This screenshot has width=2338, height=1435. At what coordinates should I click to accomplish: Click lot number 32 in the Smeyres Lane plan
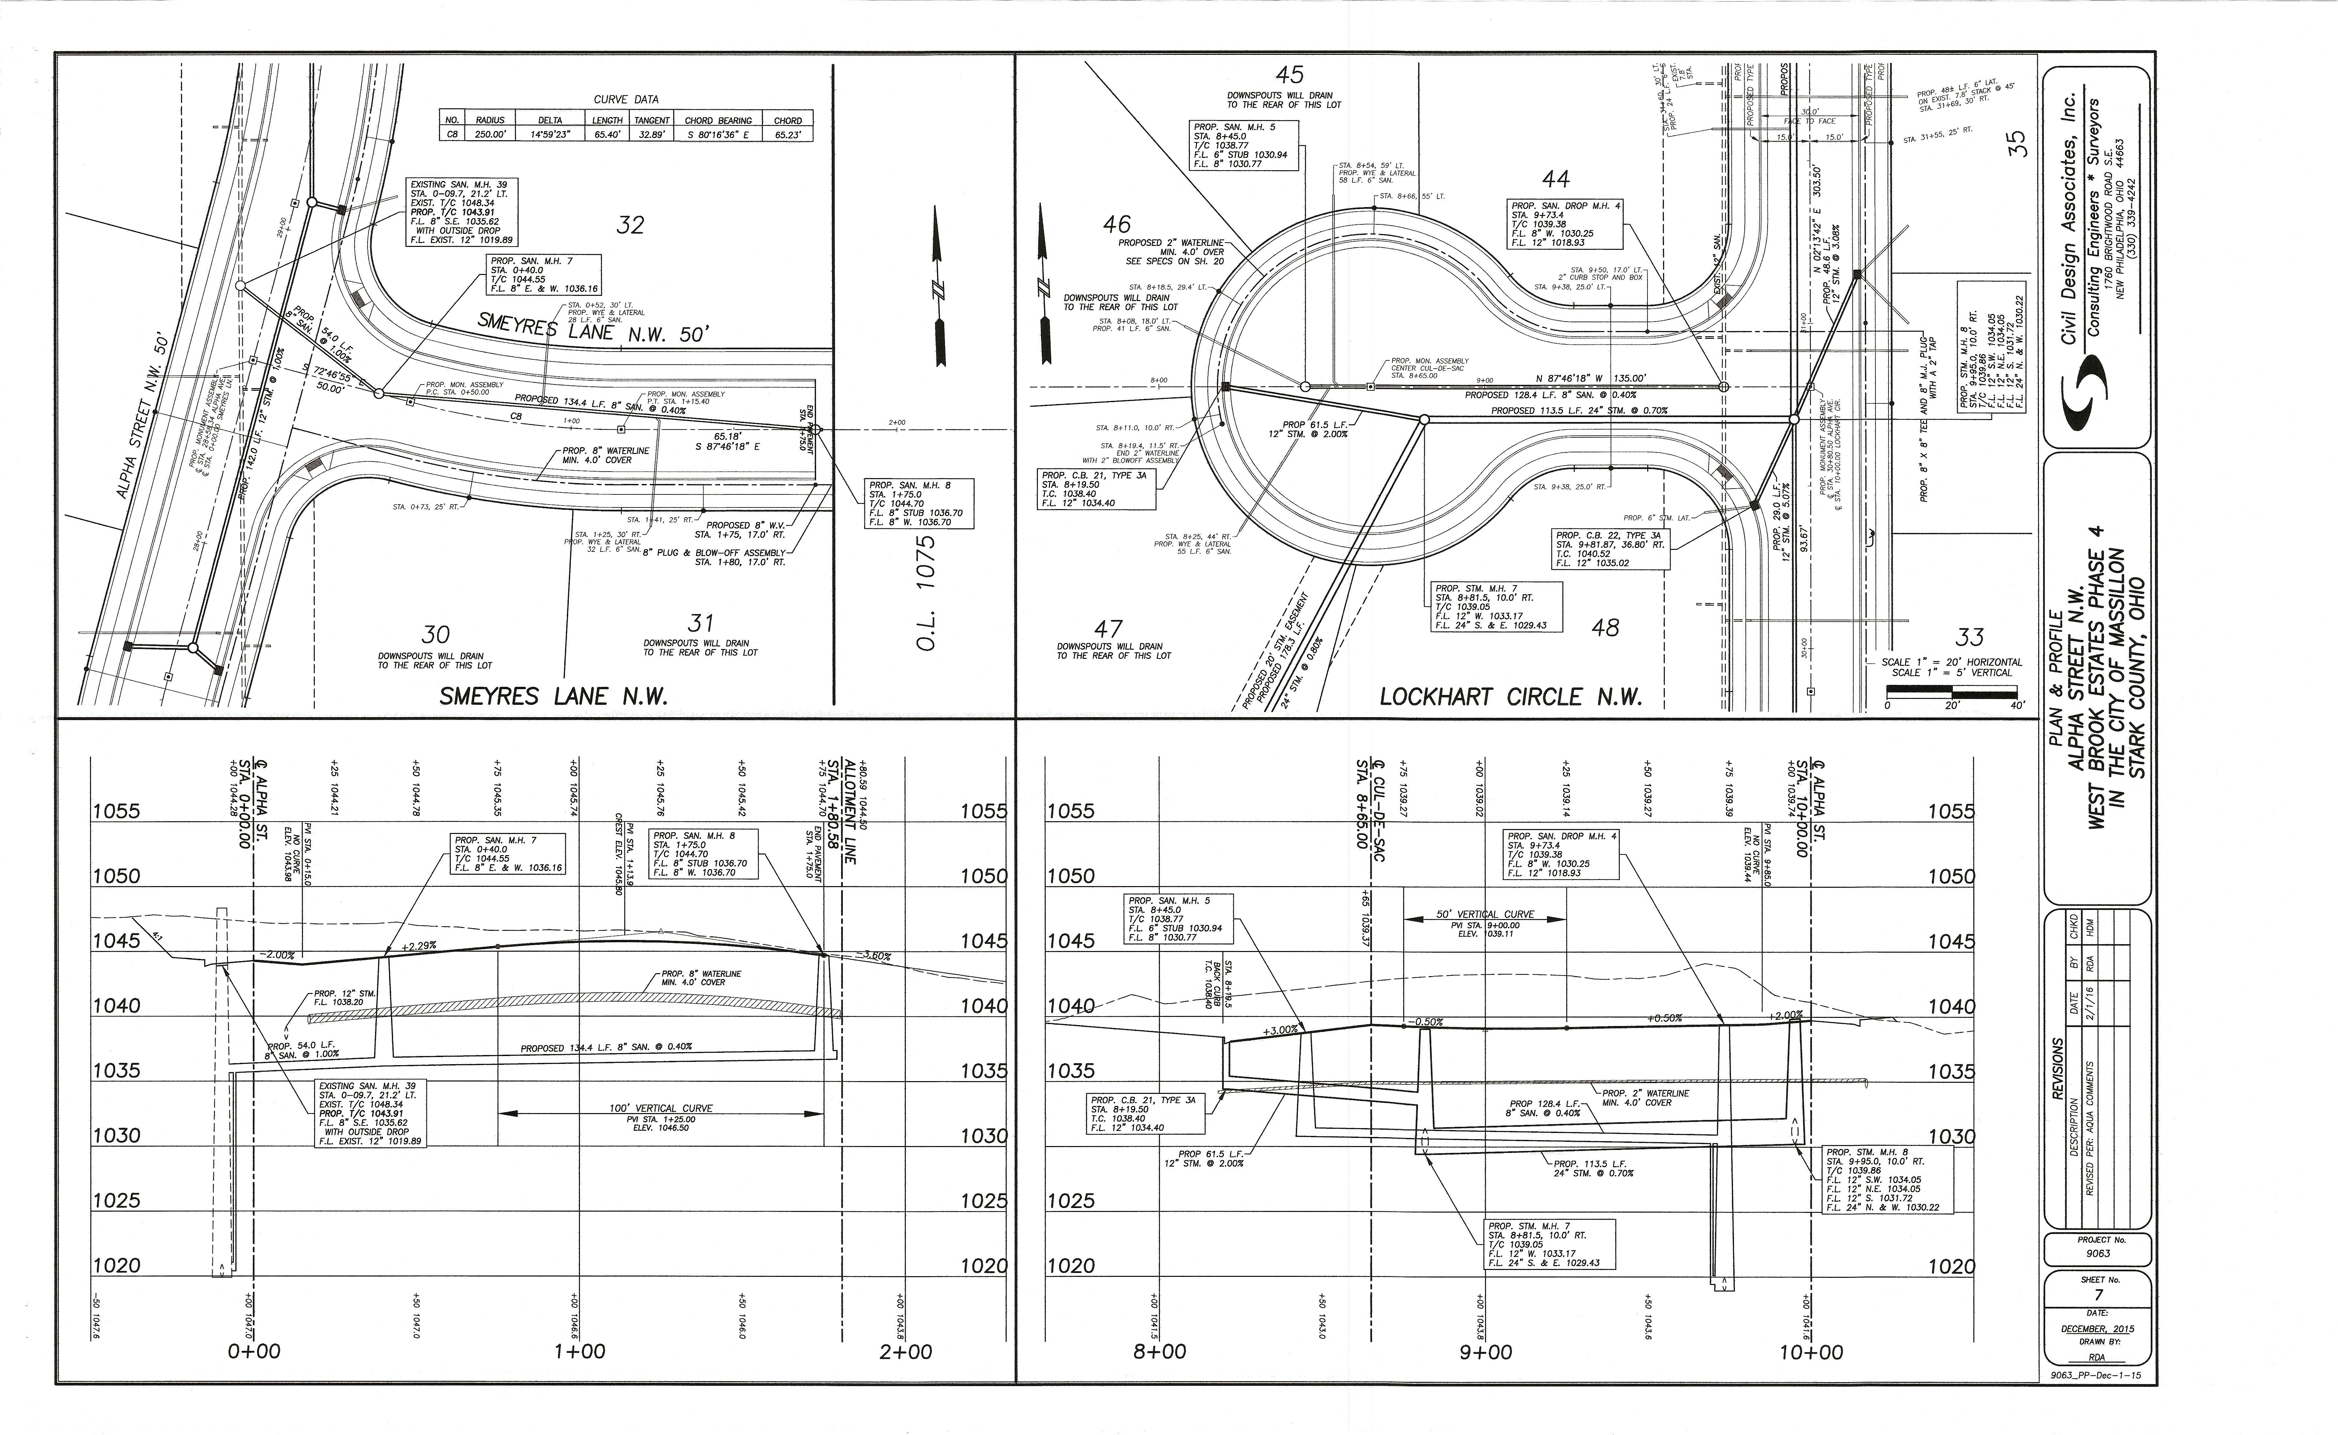630,225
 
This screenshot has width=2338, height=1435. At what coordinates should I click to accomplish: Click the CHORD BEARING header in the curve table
718,121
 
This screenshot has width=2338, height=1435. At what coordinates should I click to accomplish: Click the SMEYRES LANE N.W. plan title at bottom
553,697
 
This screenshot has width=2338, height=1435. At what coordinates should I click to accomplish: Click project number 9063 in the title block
2099,1253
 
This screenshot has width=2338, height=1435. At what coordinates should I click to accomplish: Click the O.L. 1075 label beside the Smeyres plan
927,593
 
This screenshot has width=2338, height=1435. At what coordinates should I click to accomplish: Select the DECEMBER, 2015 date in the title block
2098,1329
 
